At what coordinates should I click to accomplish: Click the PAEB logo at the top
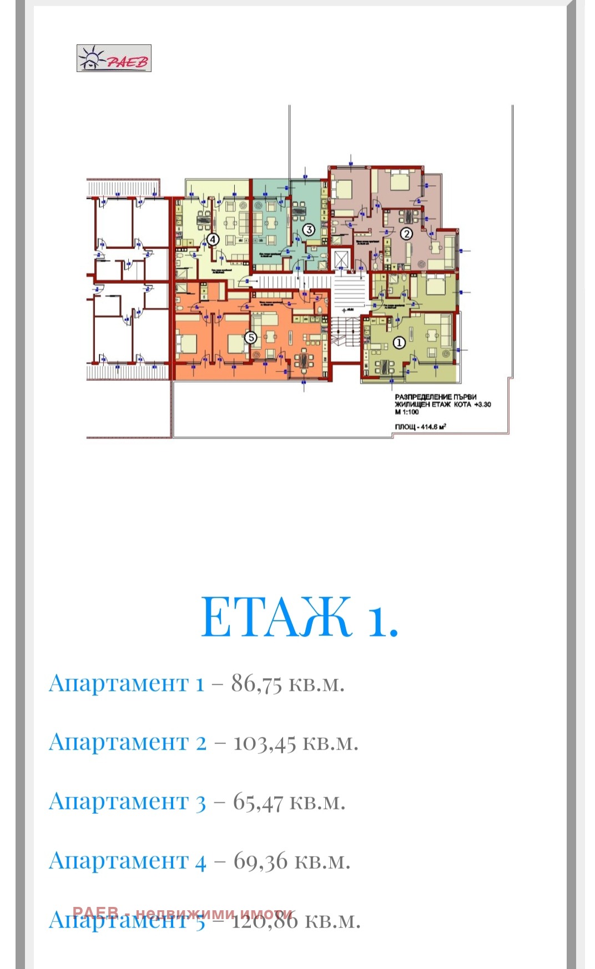[114, 58]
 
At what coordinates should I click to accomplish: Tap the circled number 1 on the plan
[399, 343]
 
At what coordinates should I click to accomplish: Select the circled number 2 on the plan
[406, 234]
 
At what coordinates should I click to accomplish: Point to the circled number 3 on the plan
[309, 229]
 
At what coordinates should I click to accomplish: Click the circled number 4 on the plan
[213, 239]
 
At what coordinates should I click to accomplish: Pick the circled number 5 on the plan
[251, 337]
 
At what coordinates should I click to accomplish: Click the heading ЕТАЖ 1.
[299, 617]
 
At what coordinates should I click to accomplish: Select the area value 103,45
[265, 743]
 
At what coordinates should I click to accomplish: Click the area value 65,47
[258, 802]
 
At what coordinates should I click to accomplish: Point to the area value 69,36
[260, 861]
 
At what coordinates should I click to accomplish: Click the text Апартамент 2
[128, 742]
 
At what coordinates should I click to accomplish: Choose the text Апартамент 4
[128, 861]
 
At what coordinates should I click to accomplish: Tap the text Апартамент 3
[128, 802]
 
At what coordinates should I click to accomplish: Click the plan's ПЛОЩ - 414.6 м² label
[421, 427]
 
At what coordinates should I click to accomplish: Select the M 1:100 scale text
[407, 412]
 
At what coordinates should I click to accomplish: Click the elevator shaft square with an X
[340, 259]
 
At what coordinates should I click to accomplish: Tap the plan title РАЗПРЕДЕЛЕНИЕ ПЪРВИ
[436, 397]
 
